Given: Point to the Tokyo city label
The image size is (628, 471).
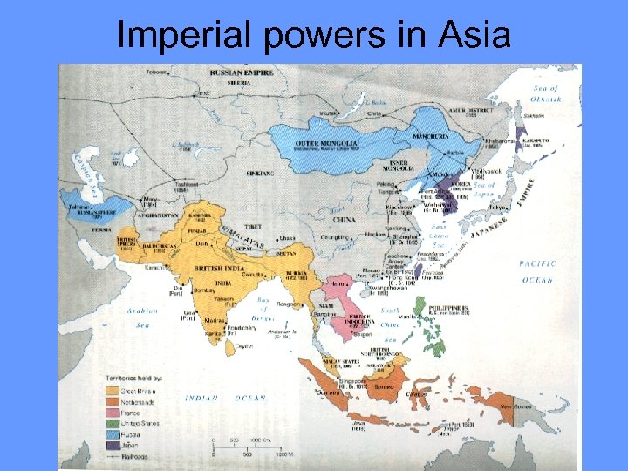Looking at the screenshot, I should pyautogui.click(x=500, y=207).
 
